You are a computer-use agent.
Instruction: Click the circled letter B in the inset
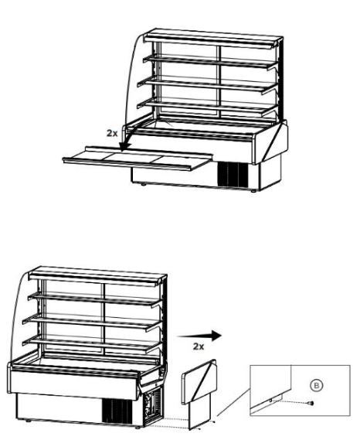(316, 386)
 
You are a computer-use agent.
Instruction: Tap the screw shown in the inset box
(311, 403)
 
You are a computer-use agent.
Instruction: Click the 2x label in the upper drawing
(112, 133)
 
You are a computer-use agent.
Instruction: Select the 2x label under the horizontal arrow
(199, 346)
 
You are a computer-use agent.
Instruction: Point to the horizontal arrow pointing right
(199, 336)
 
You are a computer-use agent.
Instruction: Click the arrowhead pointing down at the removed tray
(124, 146)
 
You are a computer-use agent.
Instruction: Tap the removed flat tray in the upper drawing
(138, 159)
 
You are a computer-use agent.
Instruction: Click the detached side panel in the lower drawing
(199, 394)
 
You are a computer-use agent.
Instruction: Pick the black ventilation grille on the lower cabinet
(117, 411)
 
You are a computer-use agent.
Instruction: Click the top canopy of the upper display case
(213, 39)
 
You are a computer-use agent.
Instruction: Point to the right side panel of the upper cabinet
(271, 142)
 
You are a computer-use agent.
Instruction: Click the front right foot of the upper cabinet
(253, 191)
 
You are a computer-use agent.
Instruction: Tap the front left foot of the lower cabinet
(28, 421)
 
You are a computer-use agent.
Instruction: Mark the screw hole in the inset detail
(270, 401)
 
